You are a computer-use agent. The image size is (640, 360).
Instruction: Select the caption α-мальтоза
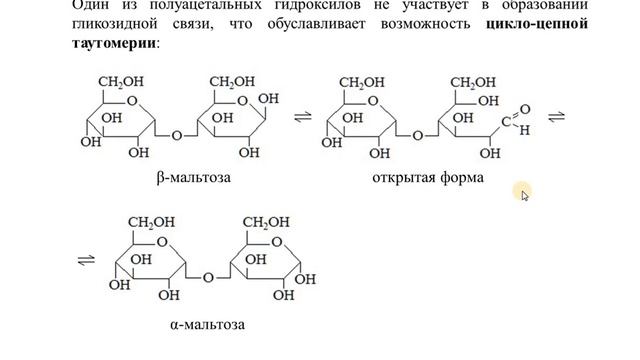click(208, 324)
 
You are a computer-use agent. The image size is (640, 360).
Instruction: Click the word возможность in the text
click(426, 24)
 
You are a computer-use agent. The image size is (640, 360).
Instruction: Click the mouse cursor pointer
click(524, 194)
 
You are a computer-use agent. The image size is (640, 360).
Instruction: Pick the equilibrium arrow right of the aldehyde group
click(557, 116)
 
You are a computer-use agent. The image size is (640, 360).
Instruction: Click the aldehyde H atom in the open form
click(526, 130)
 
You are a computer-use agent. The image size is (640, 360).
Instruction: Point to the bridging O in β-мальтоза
click(177, 135)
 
